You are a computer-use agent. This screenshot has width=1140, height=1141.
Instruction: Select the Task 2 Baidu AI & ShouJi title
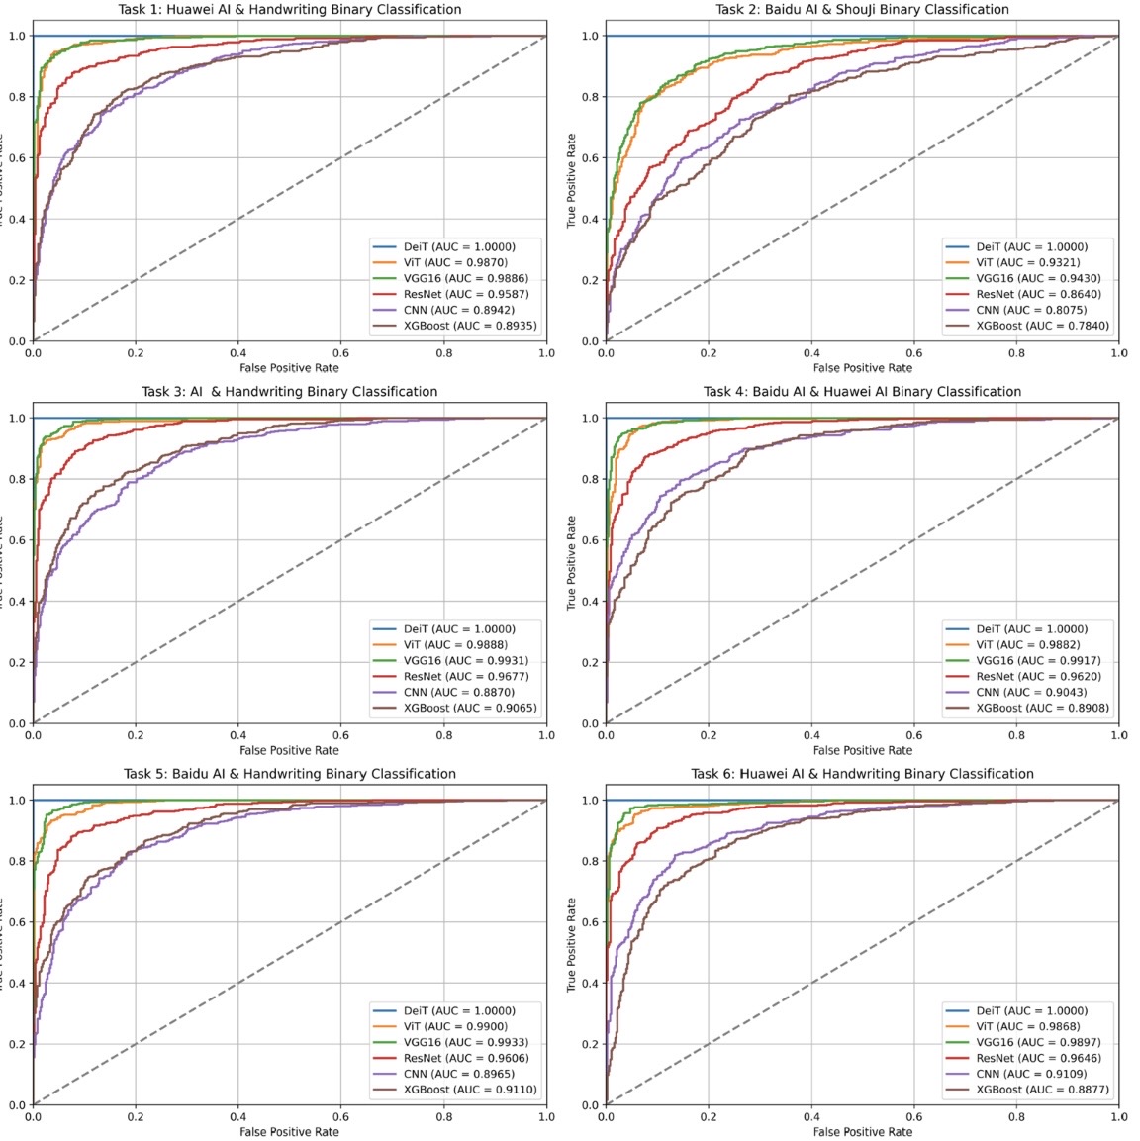(x=862, y=10)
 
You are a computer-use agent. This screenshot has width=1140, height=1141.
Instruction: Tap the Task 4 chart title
(x=862, y=392)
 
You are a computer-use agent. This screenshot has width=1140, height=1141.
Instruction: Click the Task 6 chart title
(x=862, y=774)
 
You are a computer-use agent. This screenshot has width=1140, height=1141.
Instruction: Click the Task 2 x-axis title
(x=862, y=368)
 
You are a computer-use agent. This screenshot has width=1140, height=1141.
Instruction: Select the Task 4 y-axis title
(x=572, y=563)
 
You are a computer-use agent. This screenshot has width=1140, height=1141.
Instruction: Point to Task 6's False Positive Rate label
(x=862, y=1132)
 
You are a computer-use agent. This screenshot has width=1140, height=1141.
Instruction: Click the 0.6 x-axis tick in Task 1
(x=341, y=352)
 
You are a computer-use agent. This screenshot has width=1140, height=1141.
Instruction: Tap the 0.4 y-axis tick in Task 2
(x=589, y=219)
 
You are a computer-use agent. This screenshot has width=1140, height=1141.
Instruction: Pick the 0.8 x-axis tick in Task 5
(x=444, y=1116)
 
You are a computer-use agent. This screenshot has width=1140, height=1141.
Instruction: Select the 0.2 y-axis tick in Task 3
(x=16, y=662)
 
